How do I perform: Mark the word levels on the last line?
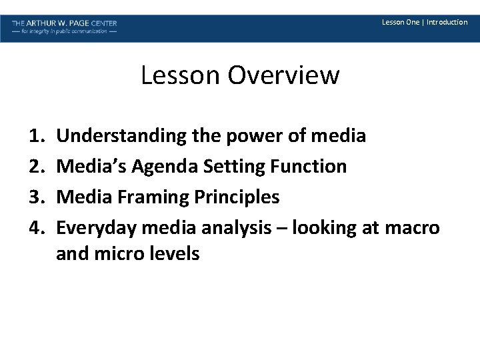point(176,253)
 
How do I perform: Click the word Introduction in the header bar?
point(447,22)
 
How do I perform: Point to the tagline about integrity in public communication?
point(64,31)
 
